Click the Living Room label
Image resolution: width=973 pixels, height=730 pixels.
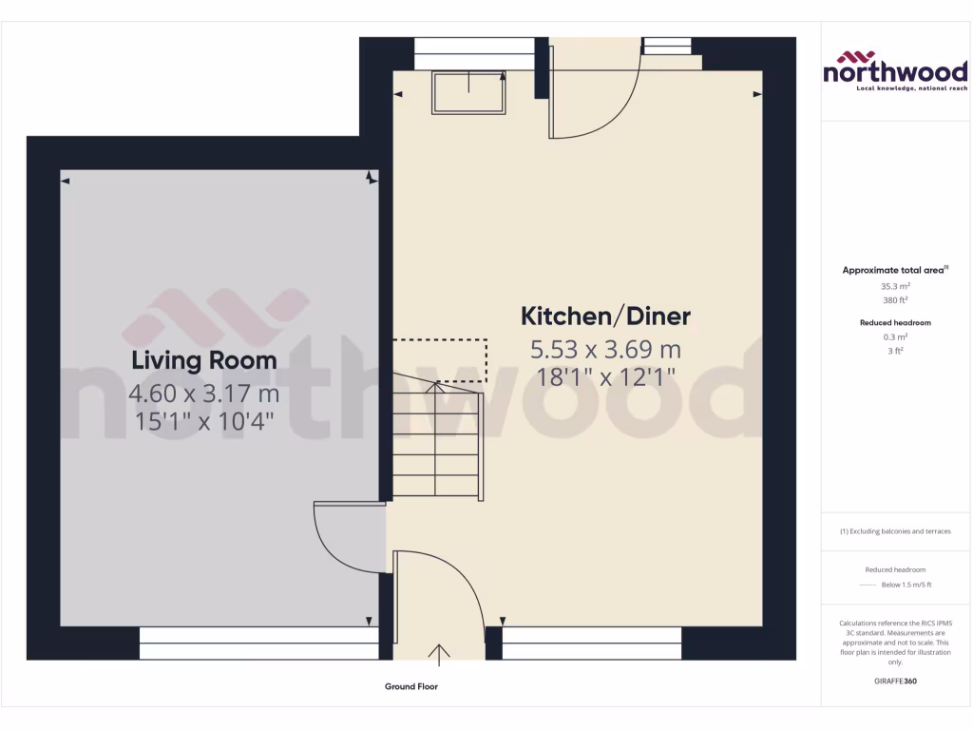click(x=204, y=360)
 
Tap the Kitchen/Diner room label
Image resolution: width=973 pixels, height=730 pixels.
click(x=605, y=316)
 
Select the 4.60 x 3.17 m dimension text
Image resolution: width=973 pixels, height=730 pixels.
click(x=204, y=393)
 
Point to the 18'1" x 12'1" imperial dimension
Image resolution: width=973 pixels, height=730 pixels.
click(x=605, y=377)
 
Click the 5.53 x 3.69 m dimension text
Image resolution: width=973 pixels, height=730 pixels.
click(x=605, y=349)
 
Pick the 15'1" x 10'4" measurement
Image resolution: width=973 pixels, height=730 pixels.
click(x=204, y=421)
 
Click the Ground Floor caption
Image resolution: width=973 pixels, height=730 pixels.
click(x=411, y=686)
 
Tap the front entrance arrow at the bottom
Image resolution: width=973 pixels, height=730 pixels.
click(x=440, y=652)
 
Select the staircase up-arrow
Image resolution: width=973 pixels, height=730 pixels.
click(x=436, y=388)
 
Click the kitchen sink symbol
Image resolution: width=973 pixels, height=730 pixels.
click(x=469, y=92)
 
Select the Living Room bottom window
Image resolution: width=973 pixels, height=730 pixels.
click(x=258, y=644)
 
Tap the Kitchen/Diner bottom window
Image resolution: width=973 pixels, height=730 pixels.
click(x=591, y=644)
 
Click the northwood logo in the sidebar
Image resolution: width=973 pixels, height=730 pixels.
click(x=895, y=71)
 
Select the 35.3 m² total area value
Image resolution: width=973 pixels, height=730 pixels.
click(x=895, y=285)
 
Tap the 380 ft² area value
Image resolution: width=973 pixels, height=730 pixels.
click(x=895, y=298)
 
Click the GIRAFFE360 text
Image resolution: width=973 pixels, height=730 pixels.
click(x=895, y=681)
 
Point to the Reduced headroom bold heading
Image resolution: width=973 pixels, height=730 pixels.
click(x=895, y=323)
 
